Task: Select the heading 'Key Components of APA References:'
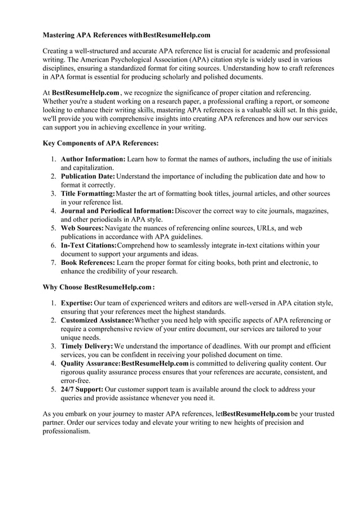(x=101, y=143)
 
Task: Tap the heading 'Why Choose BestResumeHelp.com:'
(x=99, y=287)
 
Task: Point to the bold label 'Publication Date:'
(x=87, y=177)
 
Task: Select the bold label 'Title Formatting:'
(x=87, y=194)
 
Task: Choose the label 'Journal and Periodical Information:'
(x=117, y=211)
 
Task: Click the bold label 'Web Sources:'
(x=82, y=228)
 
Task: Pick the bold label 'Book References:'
(x=87, y=263)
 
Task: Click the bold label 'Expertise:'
(x=77, y=303)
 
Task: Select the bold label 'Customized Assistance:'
(x=97, y=320)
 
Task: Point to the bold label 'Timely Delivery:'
(x=87, y=346)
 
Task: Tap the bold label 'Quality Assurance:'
(x=90, y=363)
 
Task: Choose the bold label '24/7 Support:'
(x=82, y=389)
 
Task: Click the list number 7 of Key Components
(x=52, y=263)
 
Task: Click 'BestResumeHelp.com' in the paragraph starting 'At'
(x=86, y=92)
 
